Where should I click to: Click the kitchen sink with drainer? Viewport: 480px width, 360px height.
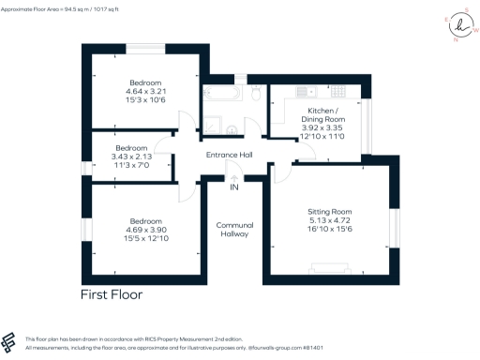309,92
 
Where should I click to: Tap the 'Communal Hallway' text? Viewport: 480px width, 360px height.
232,230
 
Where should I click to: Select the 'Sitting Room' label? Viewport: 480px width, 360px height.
333,213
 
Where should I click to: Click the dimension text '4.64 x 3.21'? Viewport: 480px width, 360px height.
145,92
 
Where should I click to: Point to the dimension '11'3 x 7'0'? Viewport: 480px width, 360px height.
131,165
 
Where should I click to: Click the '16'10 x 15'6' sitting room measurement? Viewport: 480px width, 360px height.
333,230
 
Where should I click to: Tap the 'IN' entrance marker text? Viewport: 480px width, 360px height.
233,187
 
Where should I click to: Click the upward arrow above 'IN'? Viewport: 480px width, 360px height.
233,175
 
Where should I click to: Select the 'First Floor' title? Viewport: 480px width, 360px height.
111,294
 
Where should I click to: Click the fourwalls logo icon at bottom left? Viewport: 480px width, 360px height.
10,342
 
